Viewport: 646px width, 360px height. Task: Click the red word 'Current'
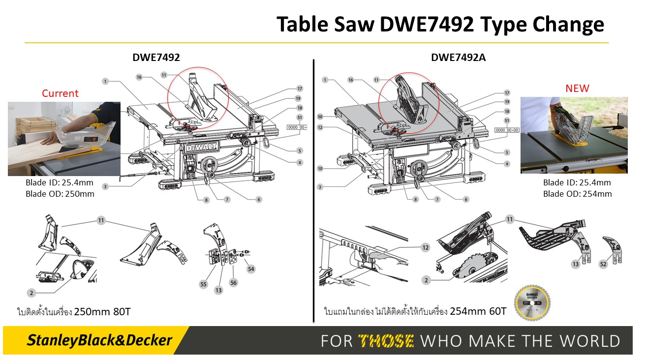tap(60, 93)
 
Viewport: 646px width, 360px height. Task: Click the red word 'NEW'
tap(577, 89)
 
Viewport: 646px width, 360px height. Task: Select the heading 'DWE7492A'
tap(458, 58)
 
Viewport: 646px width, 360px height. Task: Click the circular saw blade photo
tap(532, 302)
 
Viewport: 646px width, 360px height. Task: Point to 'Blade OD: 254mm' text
tap(577, 194)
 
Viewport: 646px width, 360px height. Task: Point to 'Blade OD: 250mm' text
tap(60, 194)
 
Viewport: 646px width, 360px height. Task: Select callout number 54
tap(251, 269)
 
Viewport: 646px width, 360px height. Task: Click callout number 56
tap(233, 283)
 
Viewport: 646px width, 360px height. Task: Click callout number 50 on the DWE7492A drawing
tap(320, 117)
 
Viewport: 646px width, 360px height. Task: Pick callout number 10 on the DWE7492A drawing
tap(320, 169)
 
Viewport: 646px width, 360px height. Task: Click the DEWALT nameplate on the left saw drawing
tap(201, 148)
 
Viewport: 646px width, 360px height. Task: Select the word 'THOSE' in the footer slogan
tap(386, 341)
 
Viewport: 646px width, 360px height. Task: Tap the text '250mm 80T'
tap(102, 312)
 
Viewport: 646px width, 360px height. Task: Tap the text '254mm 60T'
tap(477, 312)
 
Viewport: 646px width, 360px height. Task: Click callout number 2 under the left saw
tap(31, 293)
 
